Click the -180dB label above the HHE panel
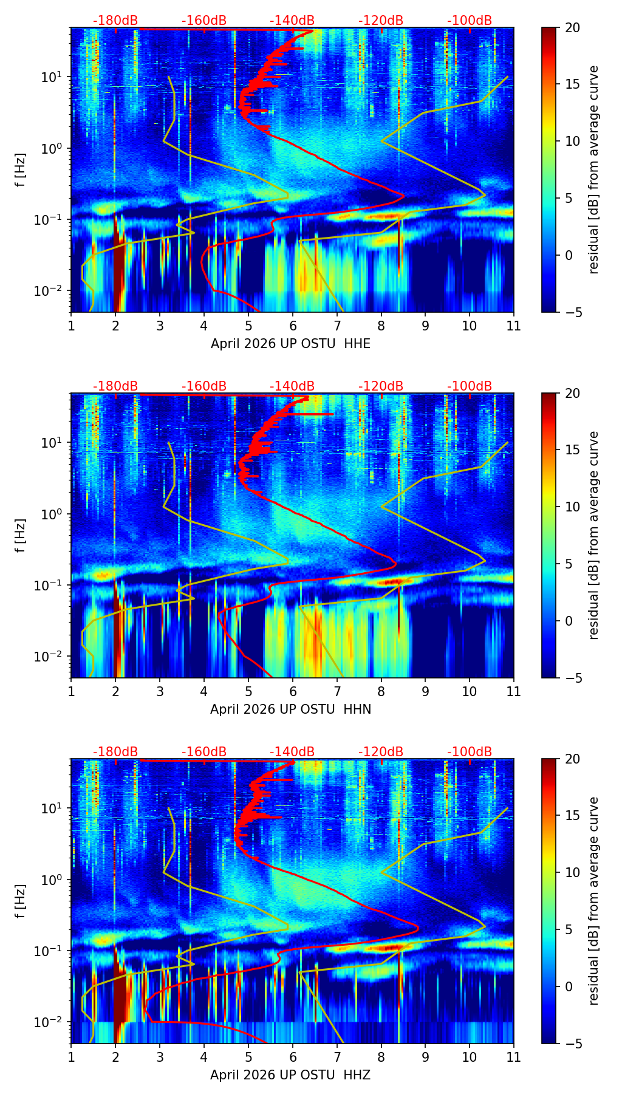115,21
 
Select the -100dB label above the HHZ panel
470,752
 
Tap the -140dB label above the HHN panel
292,386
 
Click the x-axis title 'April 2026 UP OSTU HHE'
290,344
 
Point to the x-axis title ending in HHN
290,709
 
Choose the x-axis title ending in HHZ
290,1075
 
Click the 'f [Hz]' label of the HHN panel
21,535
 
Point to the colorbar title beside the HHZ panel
593,901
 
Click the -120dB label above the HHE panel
381,21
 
